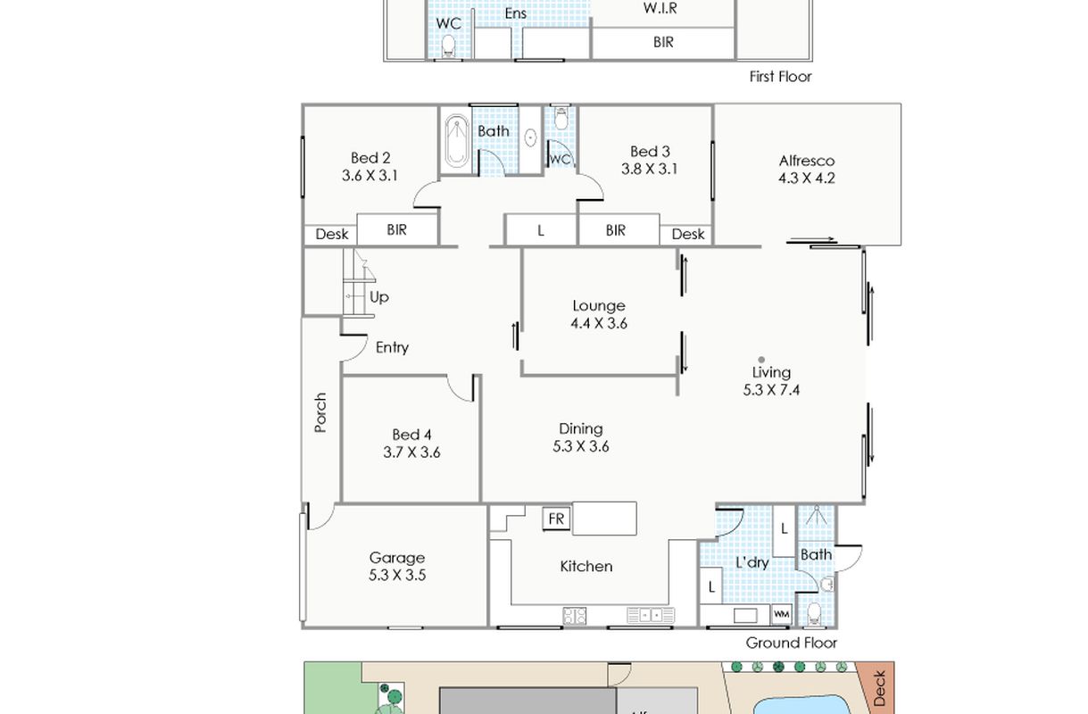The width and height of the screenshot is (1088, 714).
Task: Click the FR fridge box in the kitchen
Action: pos(556,519)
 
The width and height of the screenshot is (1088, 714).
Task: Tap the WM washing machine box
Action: pos(781,614)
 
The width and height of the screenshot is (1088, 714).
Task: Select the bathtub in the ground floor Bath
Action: pos(457,140)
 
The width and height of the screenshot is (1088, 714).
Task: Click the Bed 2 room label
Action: pos(370,158)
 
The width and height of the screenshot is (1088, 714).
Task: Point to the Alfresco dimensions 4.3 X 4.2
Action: pos(806,178)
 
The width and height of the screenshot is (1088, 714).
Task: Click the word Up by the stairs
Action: pos(378,297)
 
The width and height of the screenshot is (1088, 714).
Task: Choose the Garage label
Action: pos(397,558)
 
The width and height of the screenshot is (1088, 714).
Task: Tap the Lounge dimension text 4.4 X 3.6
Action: pos(599,323)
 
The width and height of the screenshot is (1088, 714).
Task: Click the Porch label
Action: pos(320,412)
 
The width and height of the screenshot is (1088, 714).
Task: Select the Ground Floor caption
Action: pos(791,643)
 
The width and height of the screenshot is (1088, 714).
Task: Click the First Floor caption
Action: pos(780,77)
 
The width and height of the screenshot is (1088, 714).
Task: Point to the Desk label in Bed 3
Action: pos(688,235)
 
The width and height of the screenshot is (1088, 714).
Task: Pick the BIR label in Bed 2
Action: pos(396,229)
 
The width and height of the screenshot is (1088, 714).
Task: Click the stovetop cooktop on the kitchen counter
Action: pos(575,616)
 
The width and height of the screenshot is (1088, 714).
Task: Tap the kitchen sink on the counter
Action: pos(651,616)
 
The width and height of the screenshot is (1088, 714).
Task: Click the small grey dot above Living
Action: pos(761,360)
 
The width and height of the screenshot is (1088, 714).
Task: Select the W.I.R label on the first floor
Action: pos(660,8)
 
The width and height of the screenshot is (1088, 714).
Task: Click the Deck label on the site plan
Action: pos(880,688)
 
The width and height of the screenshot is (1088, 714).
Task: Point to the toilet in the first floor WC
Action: pos(448,46)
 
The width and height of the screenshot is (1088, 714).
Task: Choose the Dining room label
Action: pos(581,429)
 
